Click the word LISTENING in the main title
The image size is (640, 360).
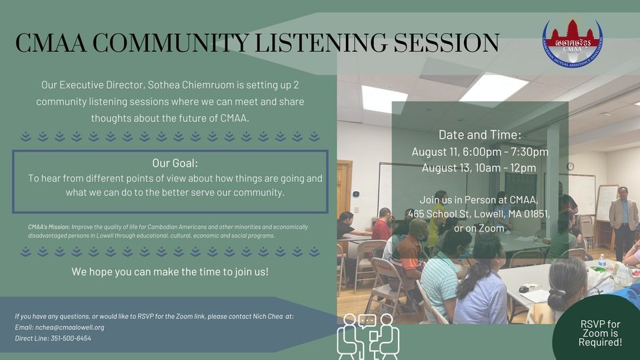pos(316,43)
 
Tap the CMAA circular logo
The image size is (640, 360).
pos(571,45)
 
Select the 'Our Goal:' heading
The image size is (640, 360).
pos(175,163)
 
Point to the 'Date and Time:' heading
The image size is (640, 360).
pos(479,134)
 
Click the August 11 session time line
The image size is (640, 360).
pos(479,151)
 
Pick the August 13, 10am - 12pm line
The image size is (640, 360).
pos(479,167)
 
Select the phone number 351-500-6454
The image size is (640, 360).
pos(71,339)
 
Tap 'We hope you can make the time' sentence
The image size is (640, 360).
pos(170,272)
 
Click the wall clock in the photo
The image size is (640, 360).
pos(570,166)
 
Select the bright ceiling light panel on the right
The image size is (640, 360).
pos(493,87)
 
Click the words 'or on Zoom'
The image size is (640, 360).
pos(479,229)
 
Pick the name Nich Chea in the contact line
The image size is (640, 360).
pos(263,316)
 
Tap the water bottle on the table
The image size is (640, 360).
pos(601,261)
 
